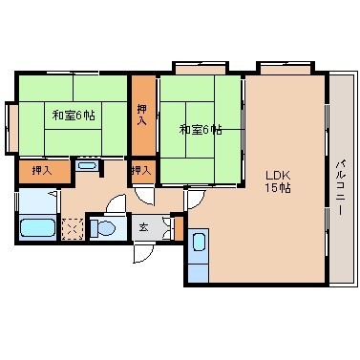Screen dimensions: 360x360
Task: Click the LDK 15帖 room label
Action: [x=278, y=181]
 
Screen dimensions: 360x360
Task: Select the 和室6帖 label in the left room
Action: [x=74, y=115]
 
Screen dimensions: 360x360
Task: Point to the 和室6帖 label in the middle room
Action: [x=201, y=129]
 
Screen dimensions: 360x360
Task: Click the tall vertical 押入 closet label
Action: [x=142, y=115]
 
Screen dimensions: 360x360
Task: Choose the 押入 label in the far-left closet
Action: [x=42, y=171]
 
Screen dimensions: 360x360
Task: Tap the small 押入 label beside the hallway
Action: [x=141, y=171]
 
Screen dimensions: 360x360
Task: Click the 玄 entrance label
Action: [x=143, y=227]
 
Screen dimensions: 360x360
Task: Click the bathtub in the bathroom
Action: [x=37, y=227]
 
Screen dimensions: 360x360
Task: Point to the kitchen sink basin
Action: [x=199, y=243]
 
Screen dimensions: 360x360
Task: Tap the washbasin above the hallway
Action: [x=87, y=165]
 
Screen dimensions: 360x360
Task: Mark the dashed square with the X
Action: [x=73, y=229]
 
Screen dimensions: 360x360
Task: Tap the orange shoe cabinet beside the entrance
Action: [x=180, y=228]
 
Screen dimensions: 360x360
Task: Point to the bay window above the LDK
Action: [x=286, y=68]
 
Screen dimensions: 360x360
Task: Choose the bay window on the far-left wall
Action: [x=12, y=128]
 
